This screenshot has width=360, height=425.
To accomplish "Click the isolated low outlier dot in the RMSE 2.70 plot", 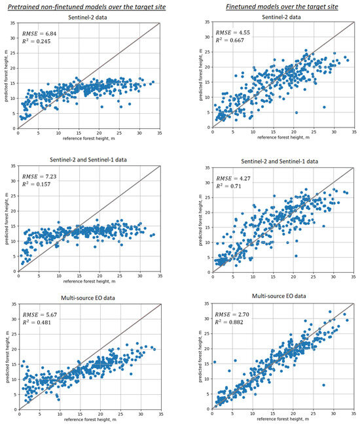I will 323,385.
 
